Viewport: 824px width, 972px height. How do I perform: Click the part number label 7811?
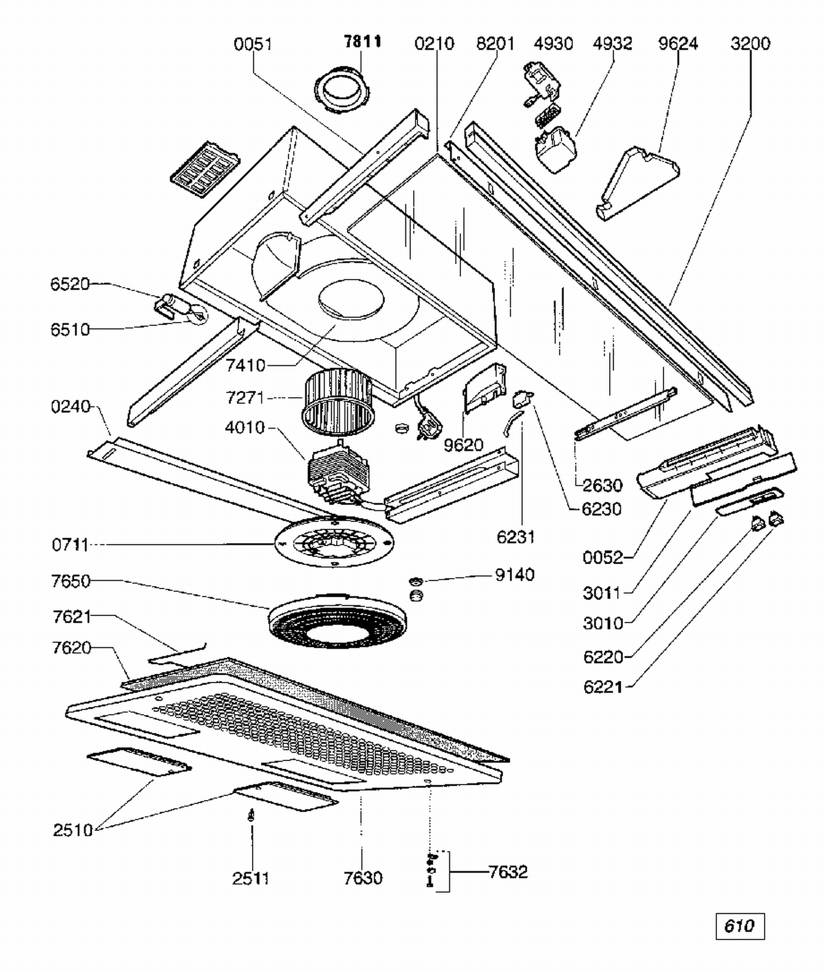point(363,42)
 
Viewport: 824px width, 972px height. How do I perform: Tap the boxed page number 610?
point(739,926)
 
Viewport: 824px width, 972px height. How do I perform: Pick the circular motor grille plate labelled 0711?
point(334,542)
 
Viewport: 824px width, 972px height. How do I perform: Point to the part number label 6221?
point(603,687)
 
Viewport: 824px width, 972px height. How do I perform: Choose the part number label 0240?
point(70,407)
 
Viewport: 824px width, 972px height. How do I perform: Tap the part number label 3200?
point(750,43)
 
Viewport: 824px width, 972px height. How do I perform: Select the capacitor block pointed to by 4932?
point(555,149)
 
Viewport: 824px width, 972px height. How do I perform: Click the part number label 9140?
point(515,575)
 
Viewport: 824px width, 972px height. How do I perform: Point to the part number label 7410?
point(246,365)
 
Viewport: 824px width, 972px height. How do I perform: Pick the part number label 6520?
point(70,284)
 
